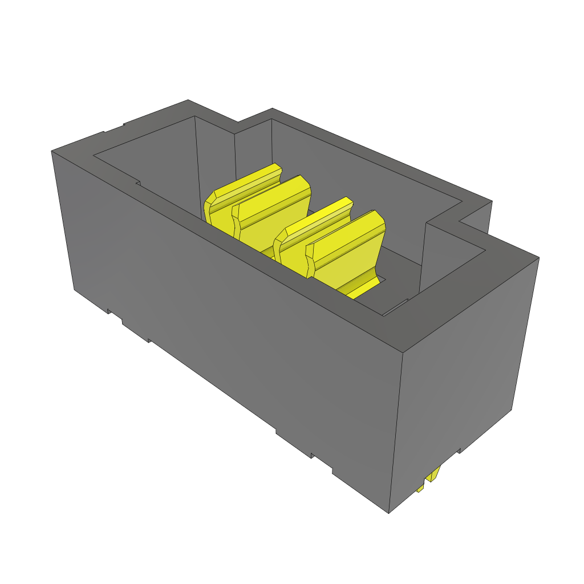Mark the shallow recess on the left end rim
click(x=114, y=129)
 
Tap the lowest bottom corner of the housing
click(x=389, y=512)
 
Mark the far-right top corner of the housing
click(x=538, y=257)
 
